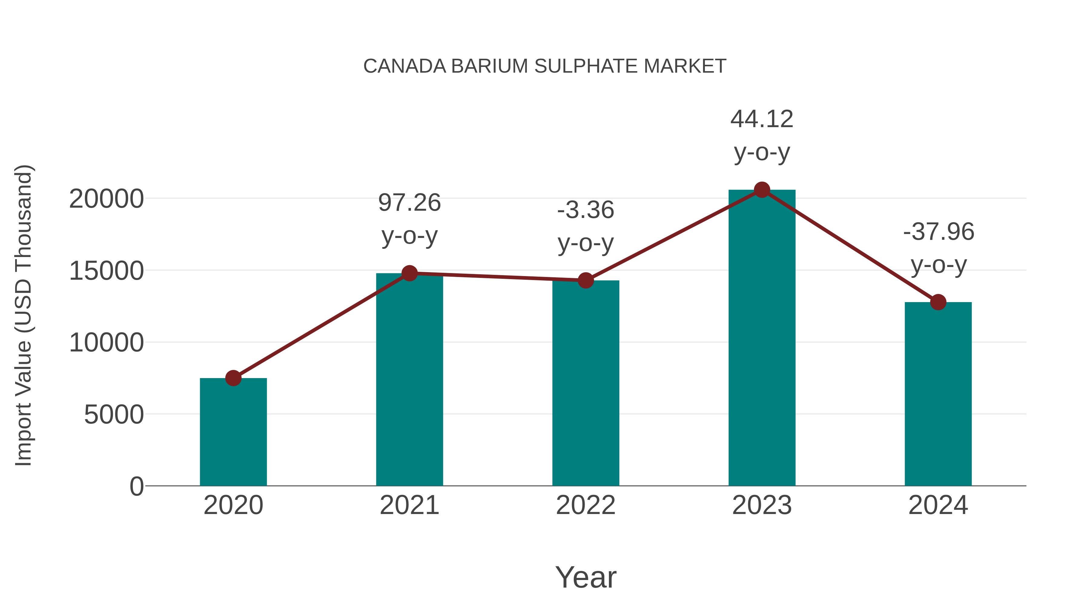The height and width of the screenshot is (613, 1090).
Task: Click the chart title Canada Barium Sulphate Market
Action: [x=545, y=66]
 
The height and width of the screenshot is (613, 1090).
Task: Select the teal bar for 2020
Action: [x=233, y=431]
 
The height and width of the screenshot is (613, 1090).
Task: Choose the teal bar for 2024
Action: [x=938, y=394]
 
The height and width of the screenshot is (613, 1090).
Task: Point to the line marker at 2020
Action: [x=233, y=378]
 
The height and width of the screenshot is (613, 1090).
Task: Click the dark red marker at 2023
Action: [x=762, y=190]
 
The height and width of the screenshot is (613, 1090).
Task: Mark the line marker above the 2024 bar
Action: [x=938, y=302]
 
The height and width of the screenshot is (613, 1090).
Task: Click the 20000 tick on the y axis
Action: [x=106, y=199]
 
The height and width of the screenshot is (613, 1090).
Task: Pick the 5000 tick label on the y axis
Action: [x=114, y=415]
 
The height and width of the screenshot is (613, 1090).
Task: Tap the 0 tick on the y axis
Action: [x=137, y=486]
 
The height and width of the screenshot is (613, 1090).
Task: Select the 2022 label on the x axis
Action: [x=586, y=505]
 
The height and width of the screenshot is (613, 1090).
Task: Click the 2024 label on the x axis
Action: [x=938, y=505]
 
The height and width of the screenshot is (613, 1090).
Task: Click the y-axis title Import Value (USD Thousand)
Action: [x=23, y=315]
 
